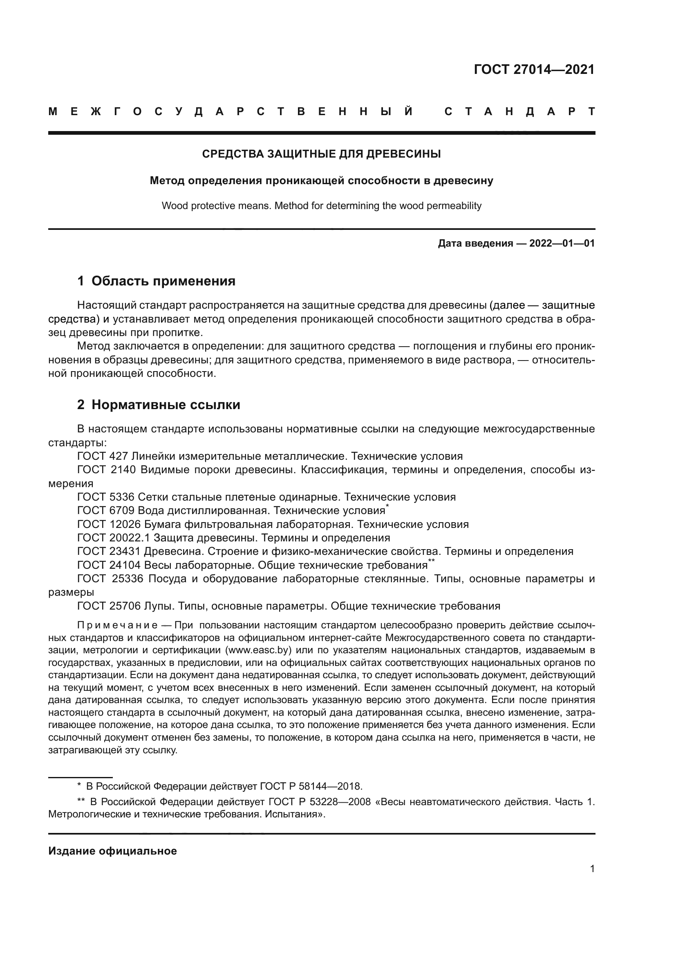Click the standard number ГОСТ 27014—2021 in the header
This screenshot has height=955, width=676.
coord(534,70)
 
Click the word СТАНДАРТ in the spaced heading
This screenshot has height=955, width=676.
coord(519,112)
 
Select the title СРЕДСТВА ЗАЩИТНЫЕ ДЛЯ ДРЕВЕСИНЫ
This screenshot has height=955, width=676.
coord(321,154)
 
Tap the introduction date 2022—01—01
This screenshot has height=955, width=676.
coord(562,244)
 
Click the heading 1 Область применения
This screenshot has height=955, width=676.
coord(156,281)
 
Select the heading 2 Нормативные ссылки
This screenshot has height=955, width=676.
coord(159,405)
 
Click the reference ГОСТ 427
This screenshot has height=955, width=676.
coord(103,456)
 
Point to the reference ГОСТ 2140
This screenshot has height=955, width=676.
coord(107,470)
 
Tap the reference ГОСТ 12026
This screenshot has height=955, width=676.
coord(109,525)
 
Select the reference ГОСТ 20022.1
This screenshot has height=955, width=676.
coord(113,538)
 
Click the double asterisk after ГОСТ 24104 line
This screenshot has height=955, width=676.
coord(431,561)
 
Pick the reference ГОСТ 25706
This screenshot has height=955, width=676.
coord(109,606)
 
